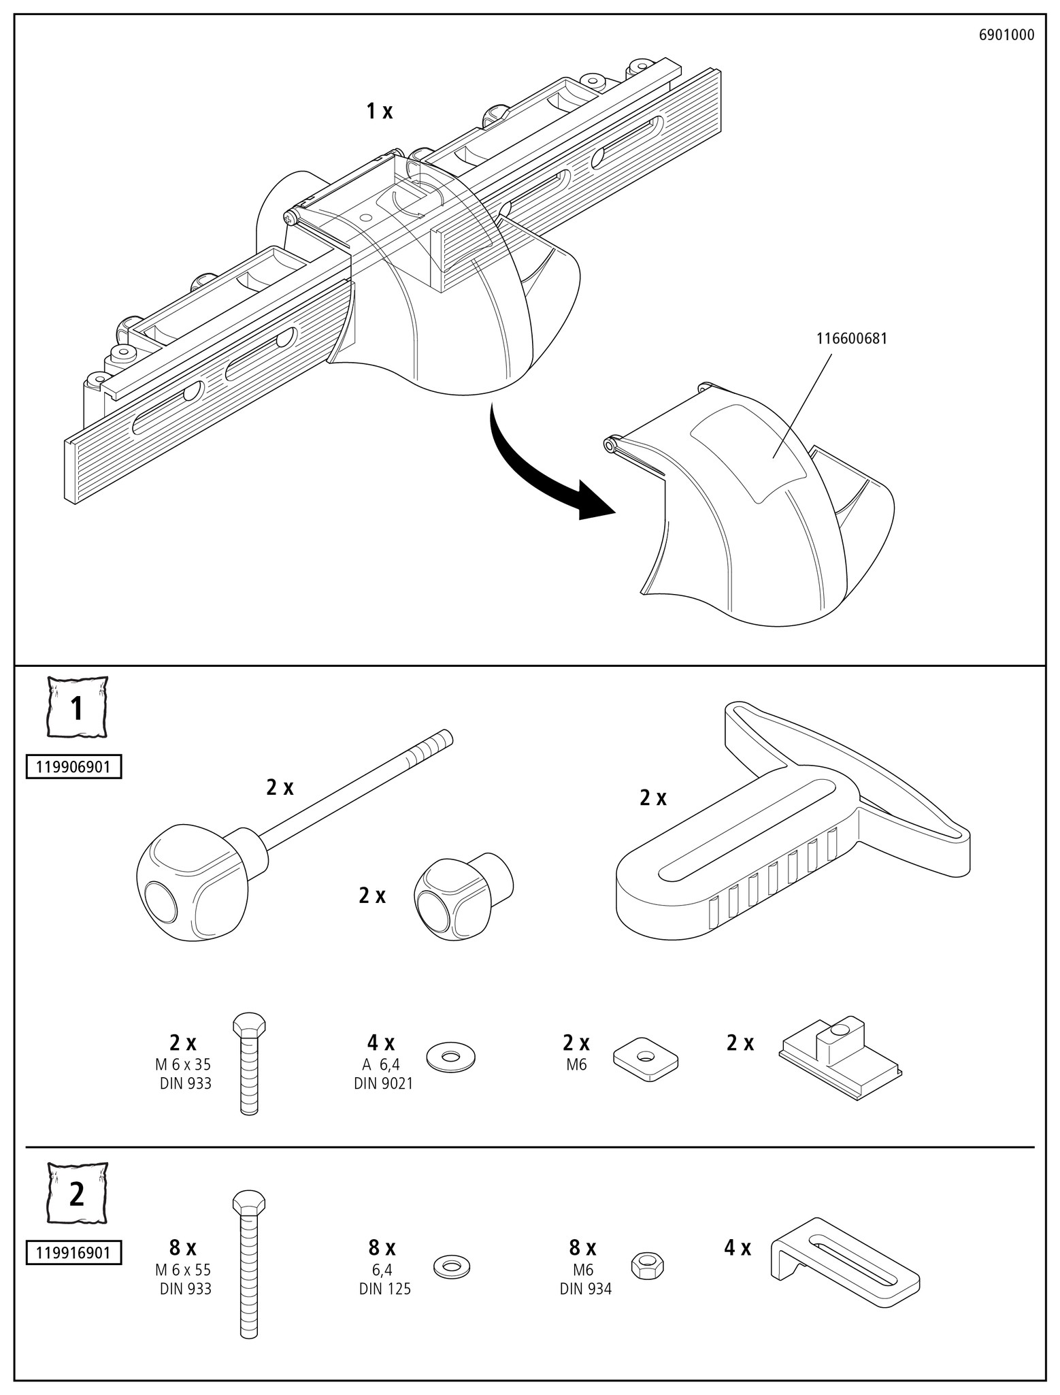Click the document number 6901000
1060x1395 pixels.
click(1006, 35)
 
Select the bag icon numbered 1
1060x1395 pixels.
click(77, 708)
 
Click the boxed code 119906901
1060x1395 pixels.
click(73, 768)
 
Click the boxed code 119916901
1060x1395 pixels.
click(73, 1253)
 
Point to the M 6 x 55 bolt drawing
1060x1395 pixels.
click(249, 1262)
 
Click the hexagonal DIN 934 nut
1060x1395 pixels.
click(648, 1266)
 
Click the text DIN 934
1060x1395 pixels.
click(586, 1289)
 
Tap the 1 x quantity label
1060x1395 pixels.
click(380, 112)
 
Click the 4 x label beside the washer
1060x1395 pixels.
click(381, 1043)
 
